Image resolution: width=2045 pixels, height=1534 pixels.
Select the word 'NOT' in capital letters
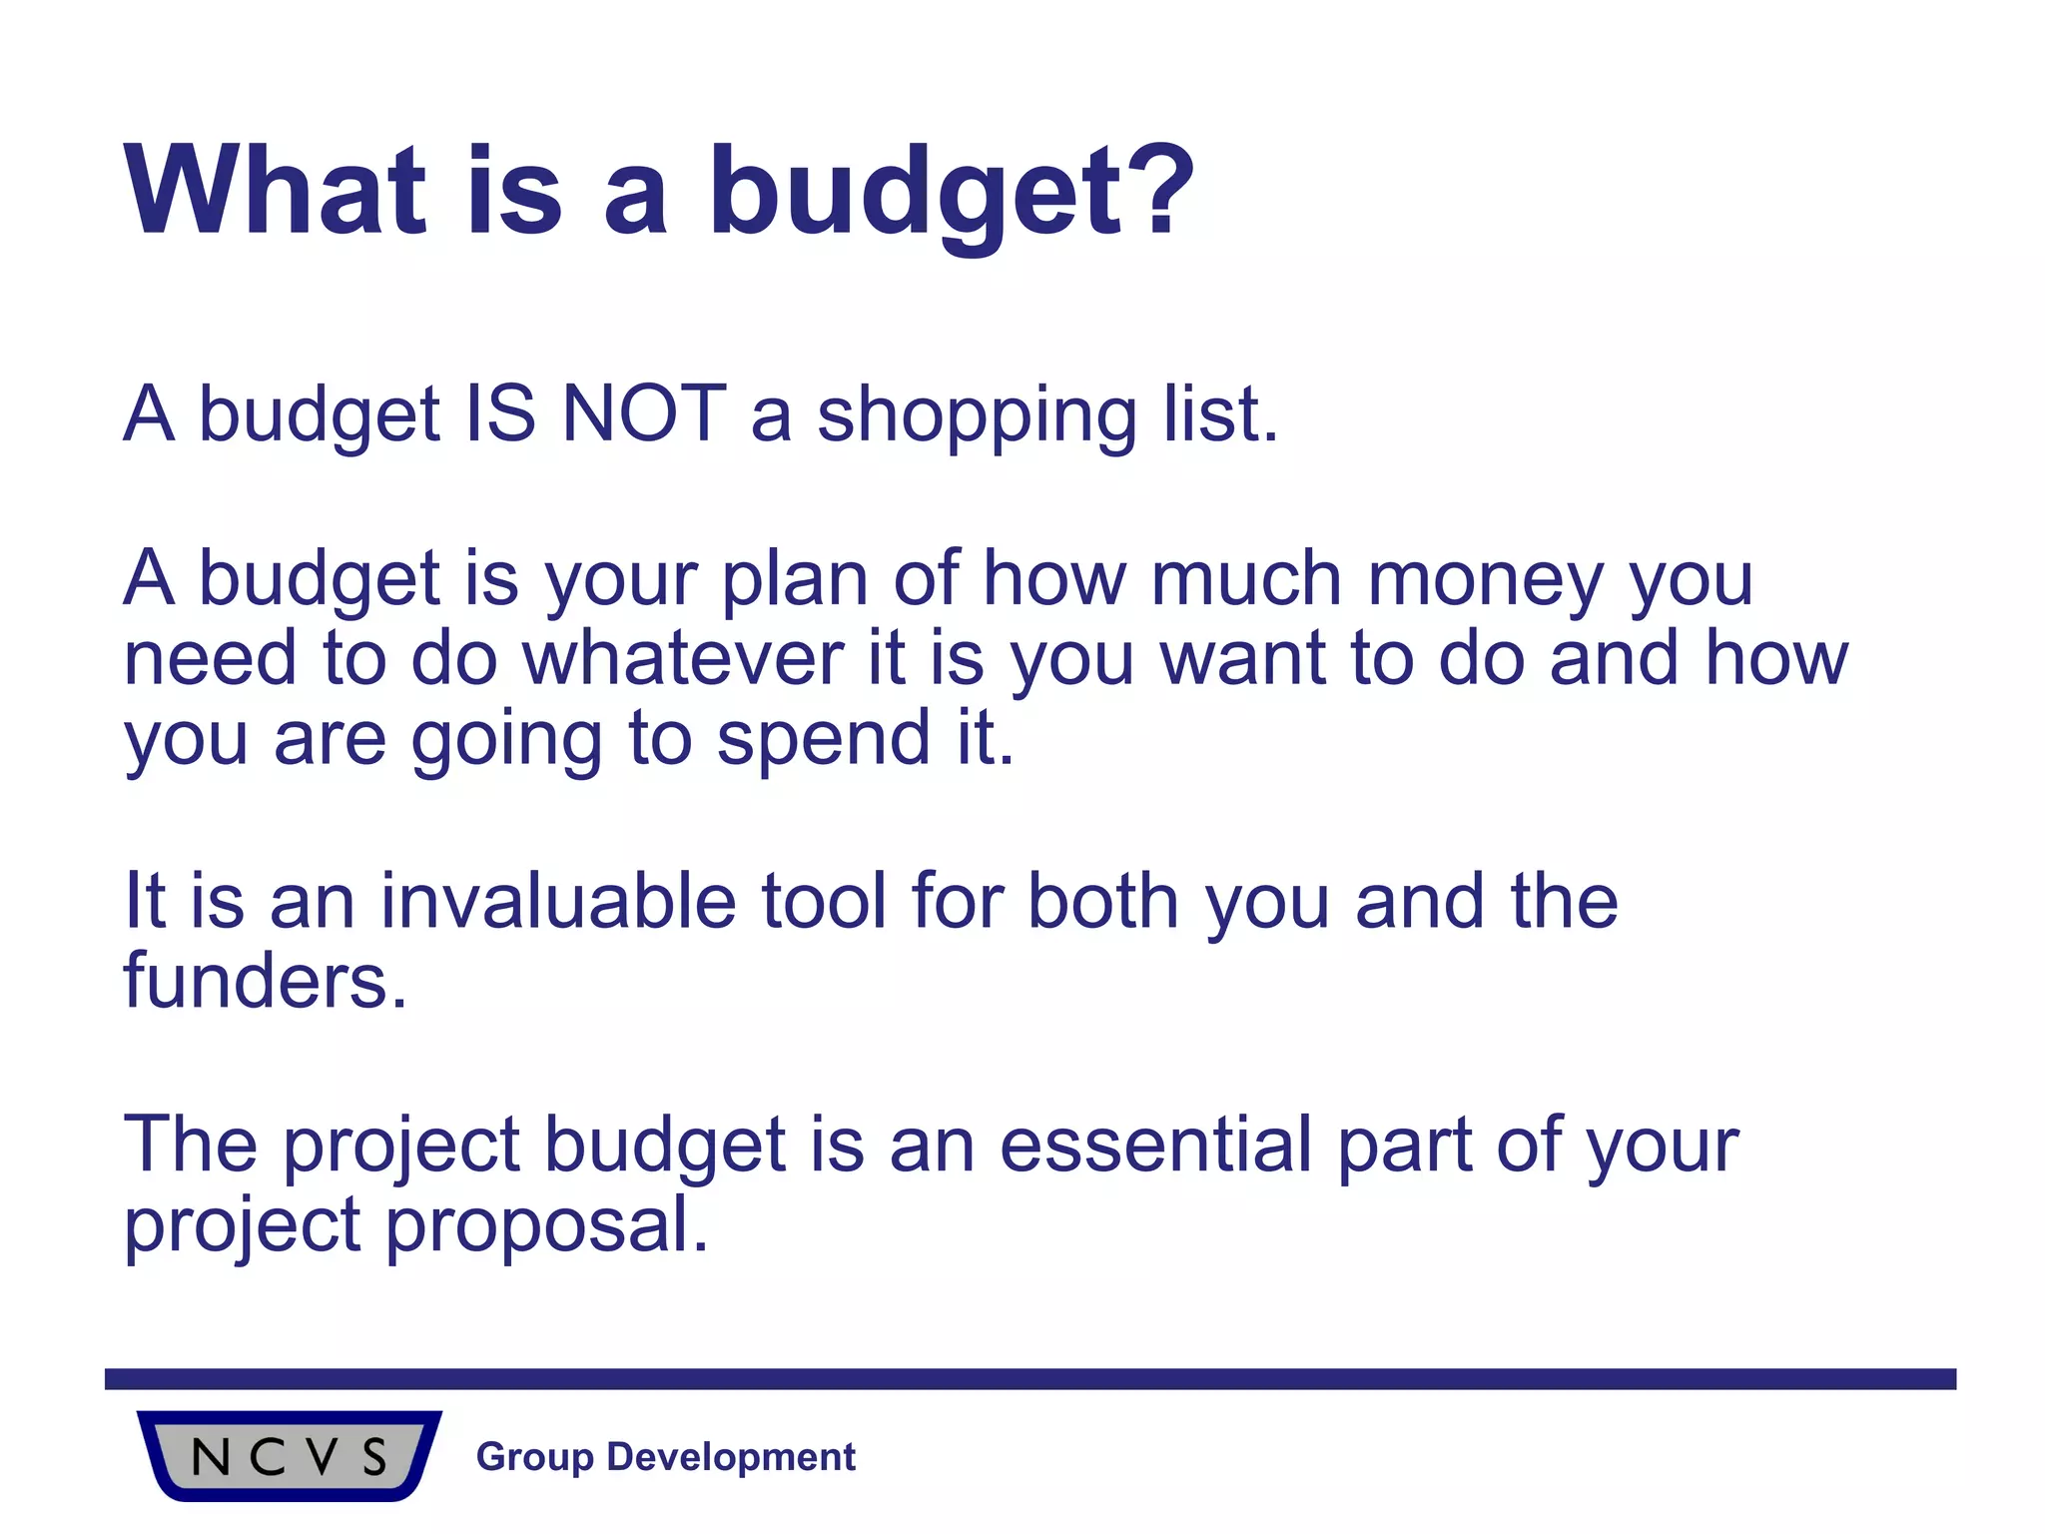(644, 413)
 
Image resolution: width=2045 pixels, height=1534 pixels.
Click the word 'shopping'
(977, 415)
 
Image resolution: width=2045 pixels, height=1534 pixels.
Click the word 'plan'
(795, 579)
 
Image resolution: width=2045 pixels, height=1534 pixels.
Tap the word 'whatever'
(683, 659)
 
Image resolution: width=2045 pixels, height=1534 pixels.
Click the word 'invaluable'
(558, 901)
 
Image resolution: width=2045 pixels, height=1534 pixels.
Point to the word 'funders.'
(266, 981)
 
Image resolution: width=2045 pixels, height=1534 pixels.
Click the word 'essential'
(1155, 1145)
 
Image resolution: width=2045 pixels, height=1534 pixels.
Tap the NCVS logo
(290, 1456)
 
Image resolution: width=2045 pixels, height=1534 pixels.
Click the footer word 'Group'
(534, 1457)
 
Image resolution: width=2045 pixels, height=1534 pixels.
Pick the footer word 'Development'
(731, 1457)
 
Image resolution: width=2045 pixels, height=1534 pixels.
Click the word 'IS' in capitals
(500, 413)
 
